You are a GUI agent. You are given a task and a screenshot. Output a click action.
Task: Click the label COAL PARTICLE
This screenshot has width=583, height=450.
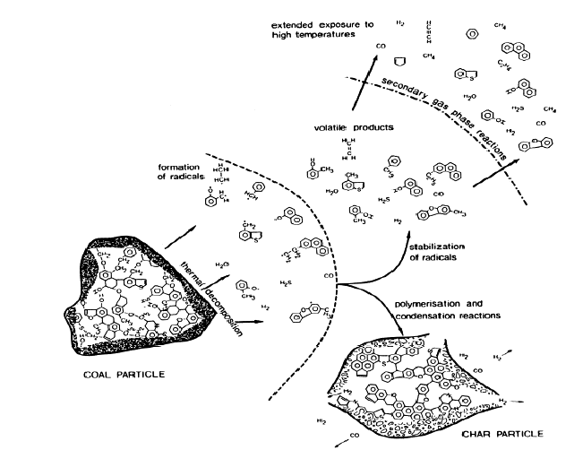pyautogui.click(x=118, y=373)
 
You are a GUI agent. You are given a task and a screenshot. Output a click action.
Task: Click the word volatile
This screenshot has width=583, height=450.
pyautogui.click(x=330, y=127)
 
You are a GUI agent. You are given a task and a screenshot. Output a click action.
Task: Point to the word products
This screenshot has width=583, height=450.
pyautogui.click(x=373, y=127)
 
